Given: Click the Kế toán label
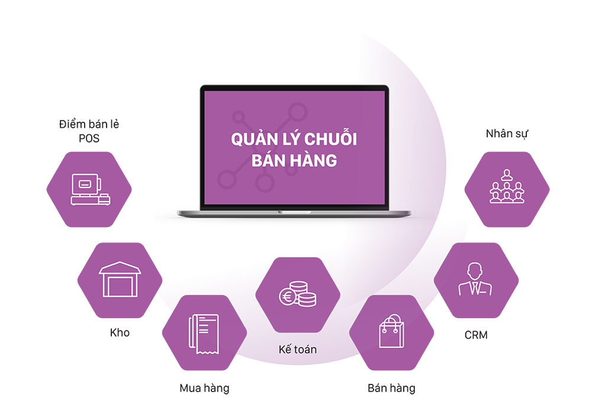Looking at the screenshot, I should [x=297, y=350].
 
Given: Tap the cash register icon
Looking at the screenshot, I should [x=89, y=190].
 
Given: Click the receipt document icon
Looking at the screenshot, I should [x=203, y=334].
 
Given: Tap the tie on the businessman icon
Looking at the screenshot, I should [x=475, y=288].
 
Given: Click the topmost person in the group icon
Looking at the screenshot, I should [x=507, y=174].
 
